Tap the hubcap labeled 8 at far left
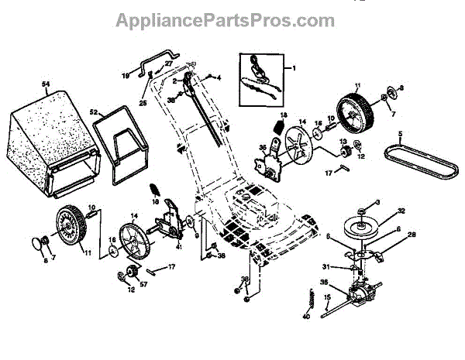point(38,245)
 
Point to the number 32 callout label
point(380,211)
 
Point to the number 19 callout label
point(125,75)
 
